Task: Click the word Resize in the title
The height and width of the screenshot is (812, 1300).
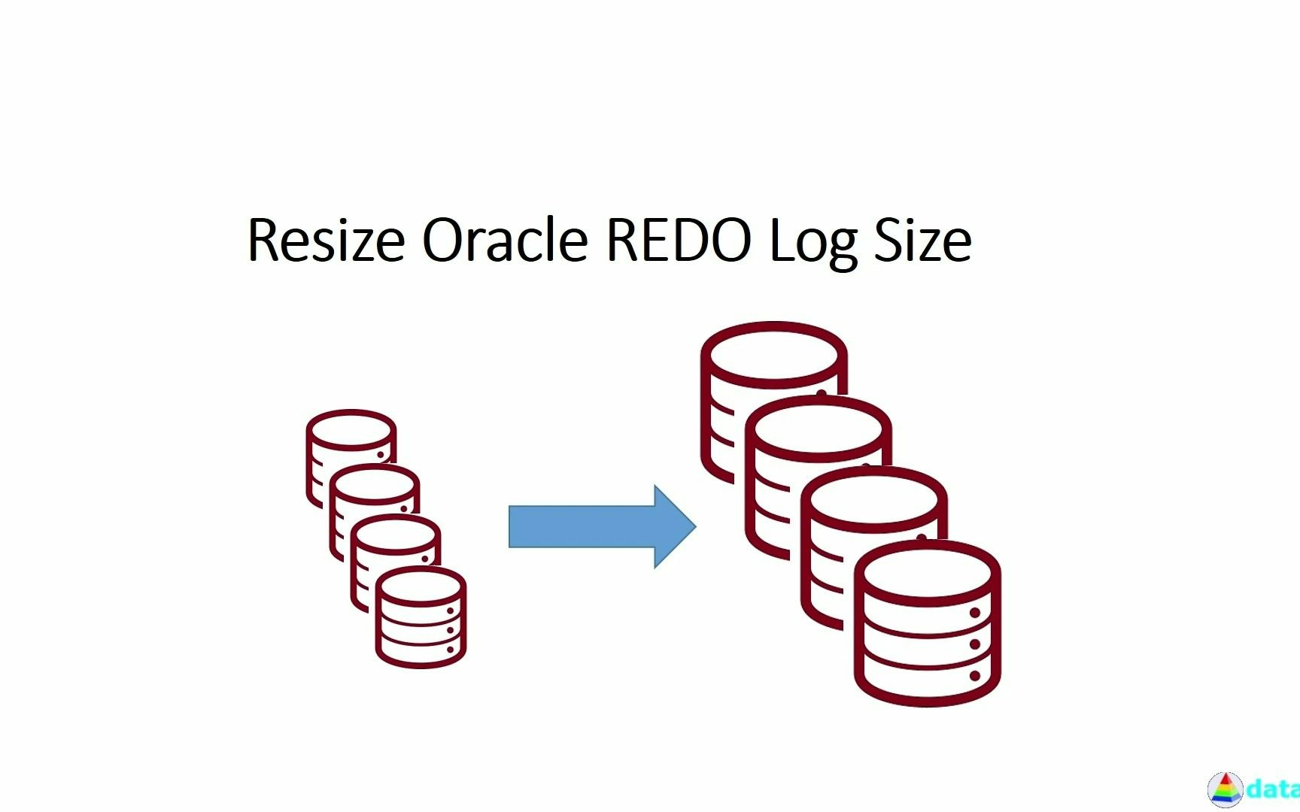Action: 325,241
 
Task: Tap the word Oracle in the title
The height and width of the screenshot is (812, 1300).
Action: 504,241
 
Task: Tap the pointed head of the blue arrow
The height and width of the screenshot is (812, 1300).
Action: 677,526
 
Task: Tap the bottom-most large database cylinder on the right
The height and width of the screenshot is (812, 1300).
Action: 927,624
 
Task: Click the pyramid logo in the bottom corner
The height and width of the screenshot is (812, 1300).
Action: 1225,790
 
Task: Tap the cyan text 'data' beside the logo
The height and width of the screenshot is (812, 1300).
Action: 1273,789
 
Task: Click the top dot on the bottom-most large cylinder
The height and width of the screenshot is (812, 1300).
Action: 975,613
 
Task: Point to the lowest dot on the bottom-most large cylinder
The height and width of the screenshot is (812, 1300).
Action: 975,676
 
